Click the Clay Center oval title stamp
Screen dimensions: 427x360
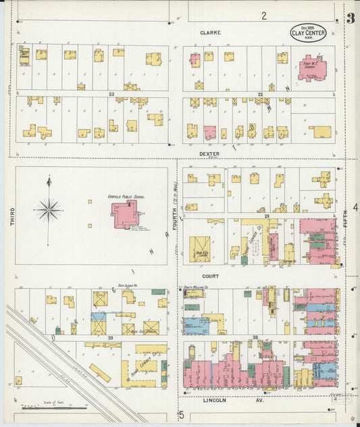coord(309,32)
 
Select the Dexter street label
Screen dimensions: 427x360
coord(210,154)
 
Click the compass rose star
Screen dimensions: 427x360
coord(49,210)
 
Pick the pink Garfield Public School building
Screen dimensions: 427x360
coord(125,214)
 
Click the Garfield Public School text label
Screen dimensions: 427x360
coord(126,196)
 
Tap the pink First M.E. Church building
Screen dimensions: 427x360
coord(311,69)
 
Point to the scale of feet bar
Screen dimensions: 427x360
coord(54,407)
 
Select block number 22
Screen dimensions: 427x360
coord(259,94)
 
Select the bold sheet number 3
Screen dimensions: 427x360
coord(350,18)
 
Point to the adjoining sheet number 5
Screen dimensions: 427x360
coord(181,415)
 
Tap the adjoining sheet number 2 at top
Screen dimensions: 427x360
coord(264,15)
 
